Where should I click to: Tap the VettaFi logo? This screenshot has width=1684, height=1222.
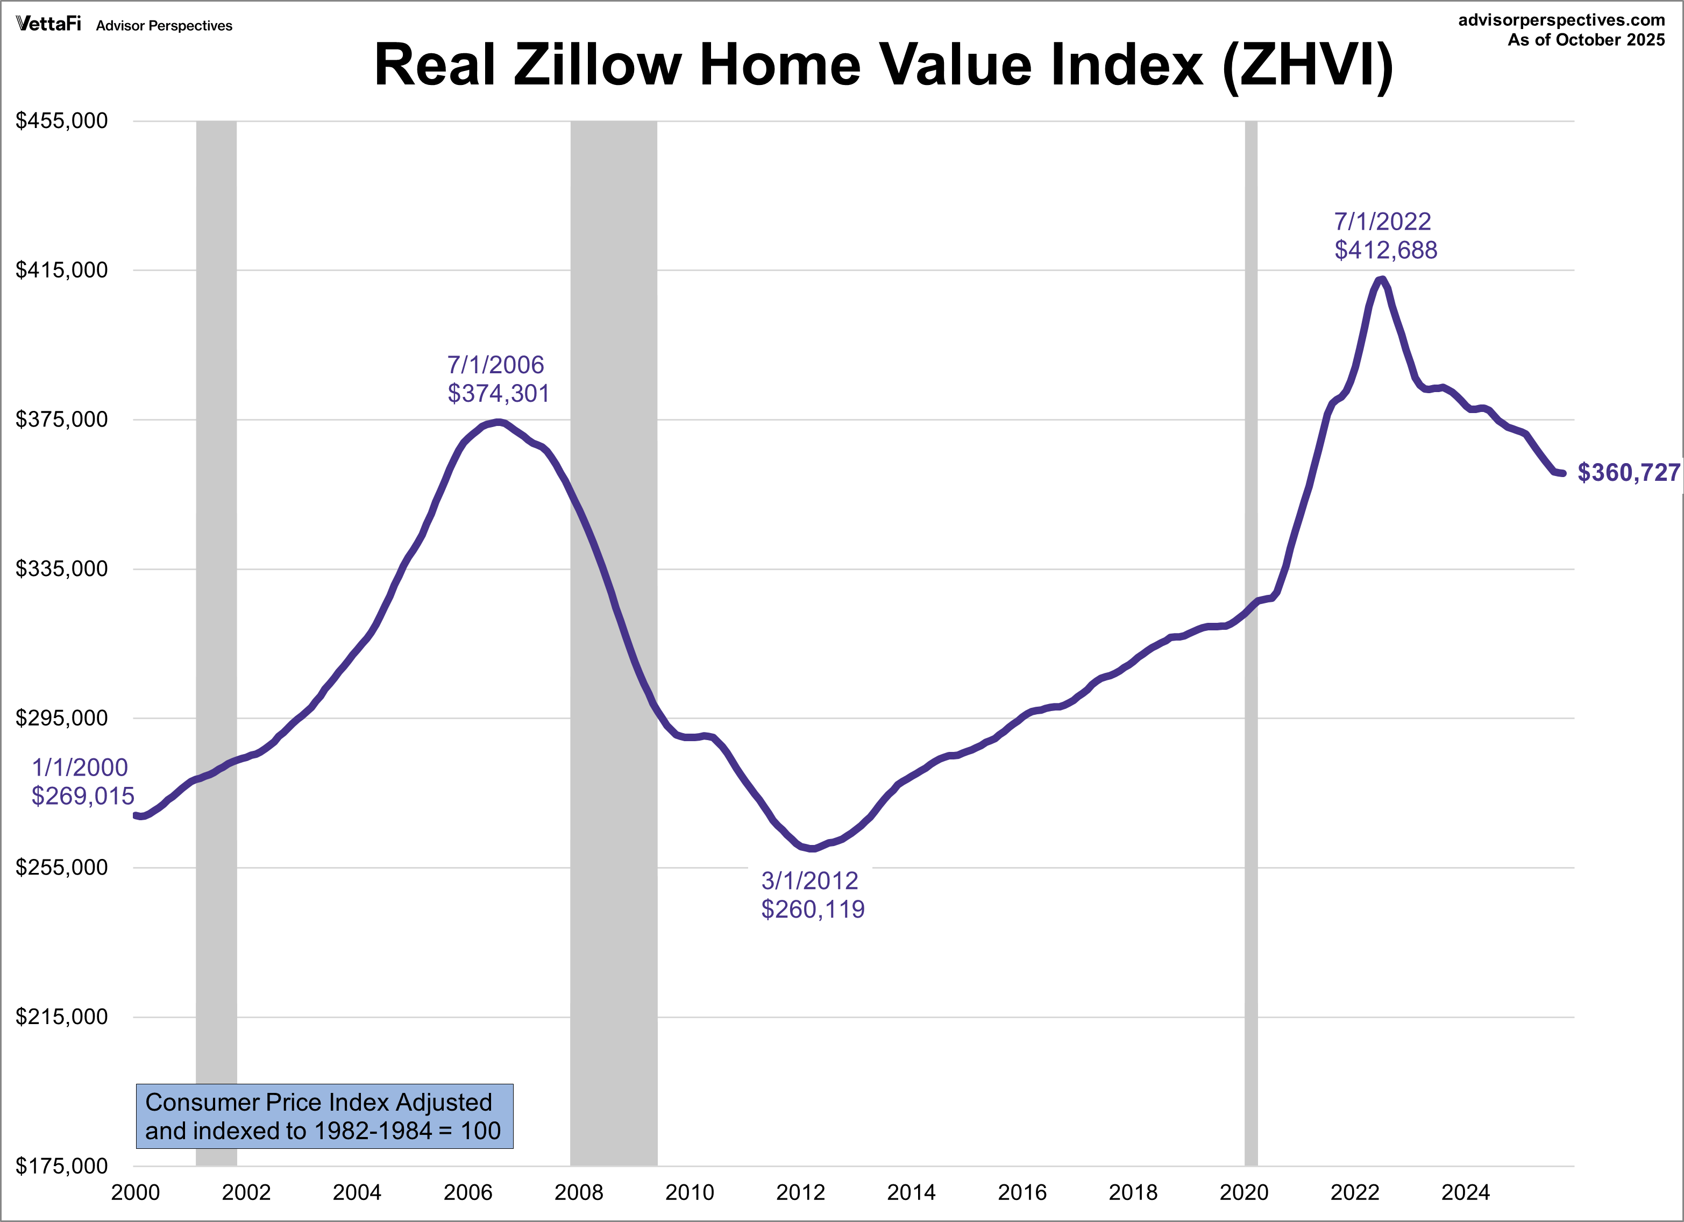click(49, 25)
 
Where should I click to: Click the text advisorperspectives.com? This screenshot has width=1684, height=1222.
click(1561, 20)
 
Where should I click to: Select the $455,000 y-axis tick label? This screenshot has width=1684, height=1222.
click(62, 120)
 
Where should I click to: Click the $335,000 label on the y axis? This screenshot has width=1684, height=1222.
click(62, 569)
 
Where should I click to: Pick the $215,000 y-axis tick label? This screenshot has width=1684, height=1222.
click(62, 1017)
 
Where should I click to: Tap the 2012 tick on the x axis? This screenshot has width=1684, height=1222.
click(800, 1192)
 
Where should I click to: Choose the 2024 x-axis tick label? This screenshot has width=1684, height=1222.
click(1465, 1192)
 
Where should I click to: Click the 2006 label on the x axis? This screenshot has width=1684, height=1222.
click(468, 1192)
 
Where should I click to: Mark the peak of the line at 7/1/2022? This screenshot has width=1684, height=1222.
click(1381, 280)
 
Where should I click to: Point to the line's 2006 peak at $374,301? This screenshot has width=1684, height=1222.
click(499, 422)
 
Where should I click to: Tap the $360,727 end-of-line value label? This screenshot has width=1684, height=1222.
click(1628, 473)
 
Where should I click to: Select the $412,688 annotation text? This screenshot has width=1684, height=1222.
click(1385, 250)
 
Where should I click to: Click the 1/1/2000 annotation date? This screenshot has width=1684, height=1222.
click(80, 768)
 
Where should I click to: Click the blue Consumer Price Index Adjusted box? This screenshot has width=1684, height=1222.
click(324, 1116)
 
